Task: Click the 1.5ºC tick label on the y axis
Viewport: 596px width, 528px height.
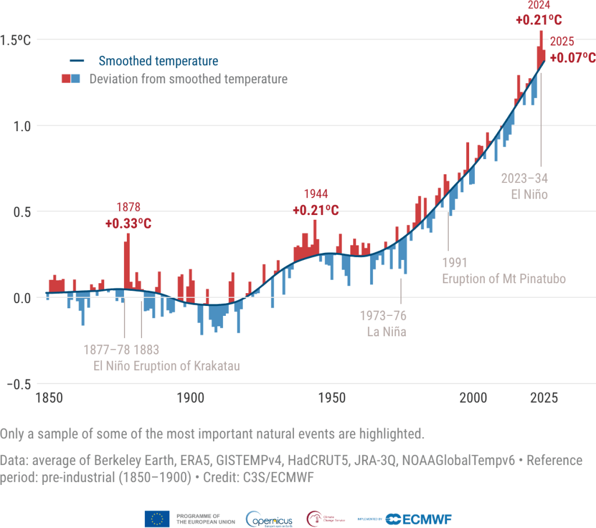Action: (15, 40)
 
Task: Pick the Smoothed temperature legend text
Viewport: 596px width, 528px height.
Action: (158, 61)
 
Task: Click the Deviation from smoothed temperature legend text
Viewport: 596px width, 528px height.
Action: (188, 79)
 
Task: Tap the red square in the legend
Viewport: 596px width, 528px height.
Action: (66, 79)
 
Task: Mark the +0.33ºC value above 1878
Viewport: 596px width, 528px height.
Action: (128, 223)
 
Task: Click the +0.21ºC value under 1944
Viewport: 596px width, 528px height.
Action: (315, 210)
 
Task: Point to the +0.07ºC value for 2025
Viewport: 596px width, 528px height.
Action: (573, 58)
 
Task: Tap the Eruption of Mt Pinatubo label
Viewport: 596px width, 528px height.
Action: (503, 279)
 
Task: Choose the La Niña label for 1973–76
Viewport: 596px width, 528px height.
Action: (386, 332)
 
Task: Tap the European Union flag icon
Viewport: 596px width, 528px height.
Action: (157, 519)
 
